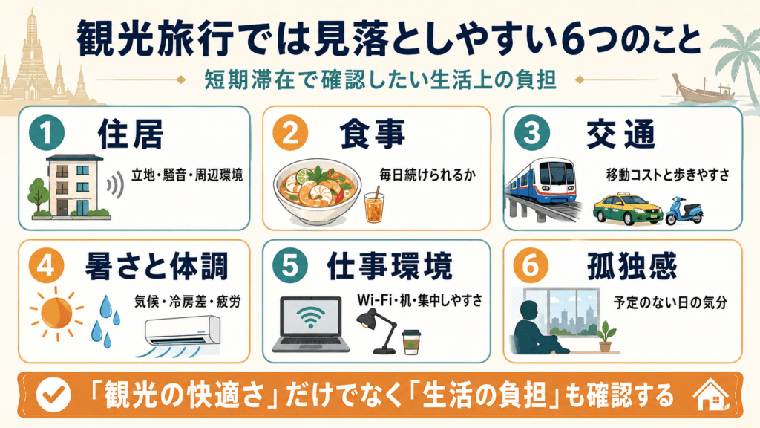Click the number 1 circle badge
(x=46, y=133)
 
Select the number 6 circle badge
(x=531, y=265)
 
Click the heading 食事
(x=372, y=134)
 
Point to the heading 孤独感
(x=632, y=266)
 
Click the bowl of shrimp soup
(x=317, y=190)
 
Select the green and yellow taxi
(x=627, y=210)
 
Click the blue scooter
(x=684, y=212)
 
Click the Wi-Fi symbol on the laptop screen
(x=311, y=317)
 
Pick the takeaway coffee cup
(x=411, y=342)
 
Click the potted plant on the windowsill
(x=606, y=336)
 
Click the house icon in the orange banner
(x=711, y=395)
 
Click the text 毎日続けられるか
(x=427, y=175)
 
